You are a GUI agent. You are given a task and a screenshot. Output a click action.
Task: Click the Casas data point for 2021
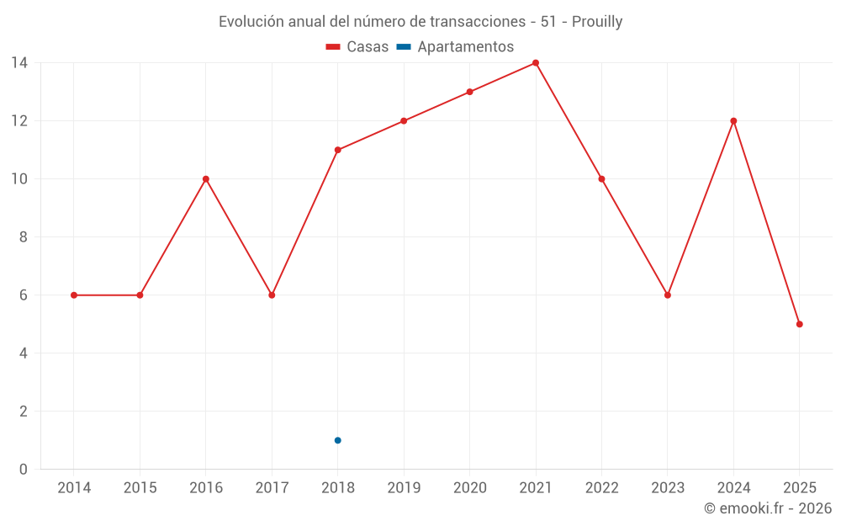pyautogui.click(x=536, y=63)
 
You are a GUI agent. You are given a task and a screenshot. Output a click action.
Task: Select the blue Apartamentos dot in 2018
pyautogui.click(x=337, y=440)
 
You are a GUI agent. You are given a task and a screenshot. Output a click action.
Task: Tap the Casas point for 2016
pyautogui.click(x=205, y=179)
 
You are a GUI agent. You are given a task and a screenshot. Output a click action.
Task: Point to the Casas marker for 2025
pyautogui.click(x=799, y=324)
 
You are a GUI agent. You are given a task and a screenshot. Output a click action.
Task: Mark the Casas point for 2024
pyautogui.click(x=733, y=121)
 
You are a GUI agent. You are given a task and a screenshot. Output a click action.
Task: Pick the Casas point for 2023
pyautogui.click(x=668, y=295)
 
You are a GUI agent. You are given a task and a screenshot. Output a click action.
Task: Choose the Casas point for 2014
pyautogui.click(x=74, y=295)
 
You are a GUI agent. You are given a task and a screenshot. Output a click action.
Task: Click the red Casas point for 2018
pyautogui.click(x=337, y=150)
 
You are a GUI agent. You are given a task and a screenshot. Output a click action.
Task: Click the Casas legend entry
pyautogui.click(x=357, y=47)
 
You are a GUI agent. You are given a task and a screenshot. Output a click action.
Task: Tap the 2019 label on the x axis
pyautogui.click(x=404, y=488)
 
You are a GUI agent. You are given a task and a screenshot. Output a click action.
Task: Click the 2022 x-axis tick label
pyautogui.click(x=601, y=488)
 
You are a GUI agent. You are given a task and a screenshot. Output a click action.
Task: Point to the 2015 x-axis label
pyautogui.click(x=140, y=488)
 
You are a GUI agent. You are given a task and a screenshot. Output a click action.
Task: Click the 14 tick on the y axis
pyautogui.click(x=19, y=63)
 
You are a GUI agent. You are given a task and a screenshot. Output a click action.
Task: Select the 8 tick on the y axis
pyautogui.click(x=23, y=237)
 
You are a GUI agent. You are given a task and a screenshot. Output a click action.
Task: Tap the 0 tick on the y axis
pyautogui.click(x=23, y=470)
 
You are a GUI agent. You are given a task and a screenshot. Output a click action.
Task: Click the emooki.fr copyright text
pyautogui.click(x=767, y=508)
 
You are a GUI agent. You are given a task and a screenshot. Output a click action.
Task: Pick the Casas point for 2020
pyautogui.click(x=469, y=92)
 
